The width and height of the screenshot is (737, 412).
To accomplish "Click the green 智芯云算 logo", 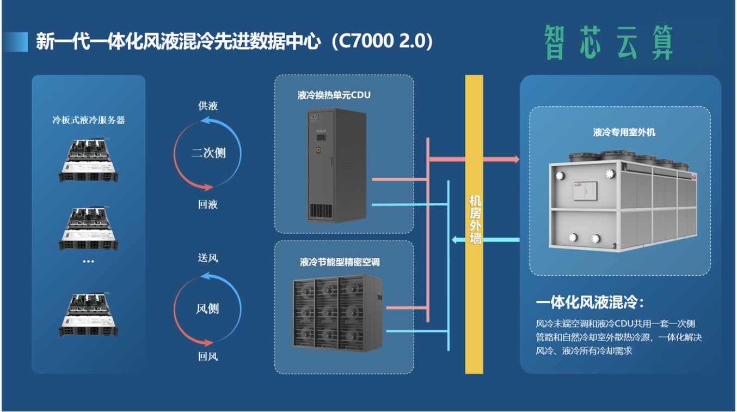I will tap(609, 43).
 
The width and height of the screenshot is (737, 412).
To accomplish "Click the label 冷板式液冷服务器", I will tap(89, 120).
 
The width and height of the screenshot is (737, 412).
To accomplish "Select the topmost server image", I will tap(88, 160).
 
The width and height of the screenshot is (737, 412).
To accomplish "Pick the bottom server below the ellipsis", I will tap(88, 314).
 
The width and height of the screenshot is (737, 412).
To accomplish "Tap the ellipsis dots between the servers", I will tap(88, 262).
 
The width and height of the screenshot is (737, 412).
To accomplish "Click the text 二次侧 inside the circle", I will tap(208, 153).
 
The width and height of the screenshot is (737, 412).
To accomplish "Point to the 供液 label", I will tap(208, 106).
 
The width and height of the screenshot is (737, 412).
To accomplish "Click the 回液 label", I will tap(208, 204).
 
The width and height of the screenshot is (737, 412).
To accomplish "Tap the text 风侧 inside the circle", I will tap(208, 308).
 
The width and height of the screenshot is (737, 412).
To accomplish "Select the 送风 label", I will tap(208, 258).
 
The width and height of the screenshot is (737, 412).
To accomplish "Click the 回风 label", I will tap(208, 357).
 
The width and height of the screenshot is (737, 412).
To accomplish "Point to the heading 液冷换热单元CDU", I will tap(334, 95).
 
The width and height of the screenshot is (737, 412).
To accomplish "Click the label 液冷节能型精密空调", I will tap(340, 262).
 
